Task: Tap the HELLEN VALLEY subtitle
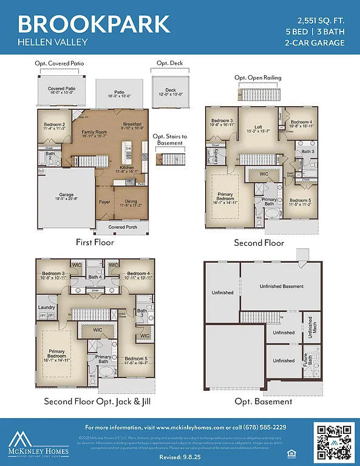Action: pyautogui.click(x=53, y=42)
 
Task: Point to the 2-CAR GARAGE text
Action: pyautogui.click(x=314, y=42)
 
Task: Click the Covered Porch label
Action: pyautogui.click(x=123, y=228)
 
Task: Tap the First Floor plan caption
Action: pyautogui.click(x=95, y=243)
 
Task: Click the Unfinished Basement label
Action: pyautogui.click(x=282, y=286)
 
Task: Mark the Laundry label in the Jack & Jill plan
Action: pyautogui.click(x=47, y=308)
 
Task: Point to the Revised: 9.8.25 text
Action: pyautogui.click(x=180, y=456)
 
